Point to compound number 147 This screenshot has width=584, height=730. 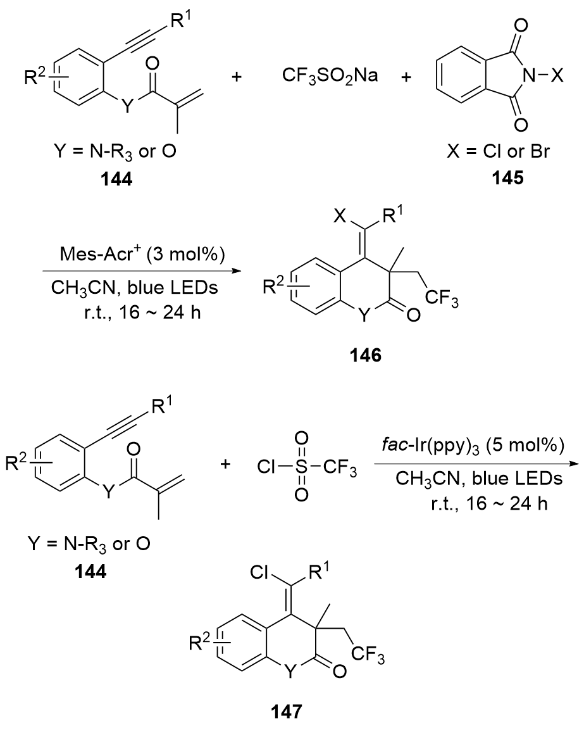288,712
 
